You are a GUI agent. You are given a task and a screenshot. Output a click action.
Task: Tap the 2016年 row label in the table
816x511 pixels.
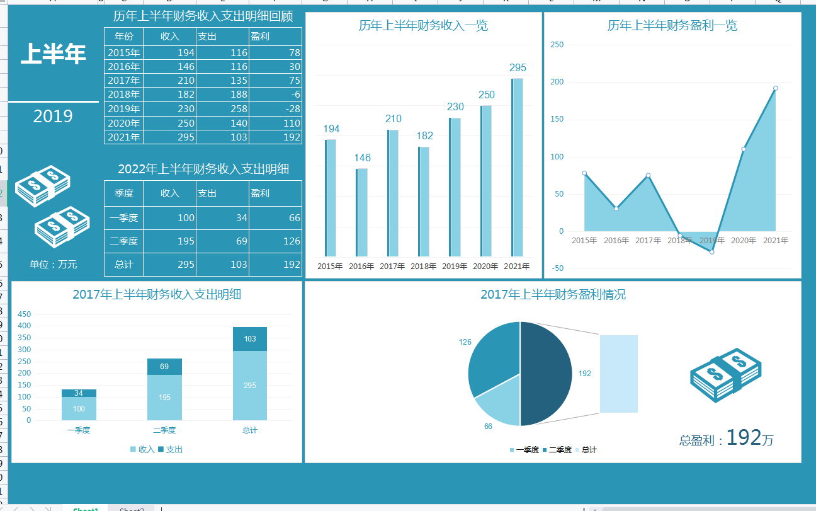[x=124, y=67]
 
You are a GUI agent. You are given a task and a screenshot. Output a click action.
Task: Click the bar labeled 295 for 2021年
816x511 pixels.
[x=518, y=167]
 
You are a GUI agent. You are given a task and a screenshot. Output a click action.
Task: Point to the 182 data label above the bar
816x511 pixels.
[x=425, y=135]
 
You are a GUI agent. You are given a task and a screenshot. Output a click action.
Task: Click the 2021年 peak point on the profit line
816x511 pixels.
[x=775, y=88]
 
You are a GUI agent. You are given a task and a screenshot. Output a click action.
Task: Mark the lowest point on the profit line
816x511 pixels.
[x=711, y=252]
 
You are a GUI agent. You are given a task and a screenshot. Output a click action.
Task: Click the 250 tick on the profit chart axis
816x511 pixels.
[x=557, y=45]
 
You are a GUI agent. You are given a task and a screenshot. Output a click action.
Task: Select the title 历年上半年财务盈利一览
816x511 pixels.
[x=672, y=26]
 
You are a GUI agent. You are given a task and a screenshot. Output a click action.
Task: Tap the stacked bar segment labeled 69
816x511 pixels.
[x=164, y=367]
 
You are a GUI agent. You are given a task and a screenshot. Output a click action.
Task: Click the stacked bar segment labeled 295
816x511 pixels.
[x=250, y=385]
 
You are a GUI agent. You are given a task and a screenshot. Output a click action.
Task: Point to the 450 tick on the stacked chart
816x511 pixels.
[x=24, y=314]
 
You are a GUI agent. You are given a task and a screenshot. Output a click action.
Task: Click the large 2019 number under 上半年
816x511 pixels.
[x=53, y=117]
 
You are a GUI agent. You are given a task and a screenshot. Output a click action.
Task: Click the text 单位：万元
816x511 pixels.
[x=53, y=265]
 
